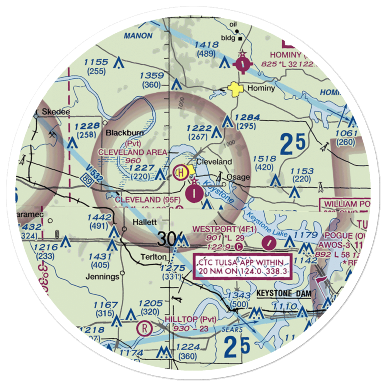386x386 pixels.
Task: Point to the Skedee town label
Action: [56, 112]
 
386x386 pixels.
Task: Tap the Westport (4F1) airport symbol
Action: [269, 243]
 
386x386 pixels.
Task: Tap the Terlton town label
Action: [153, 257]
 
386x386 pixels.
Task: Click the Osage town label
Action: [238, 178]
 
